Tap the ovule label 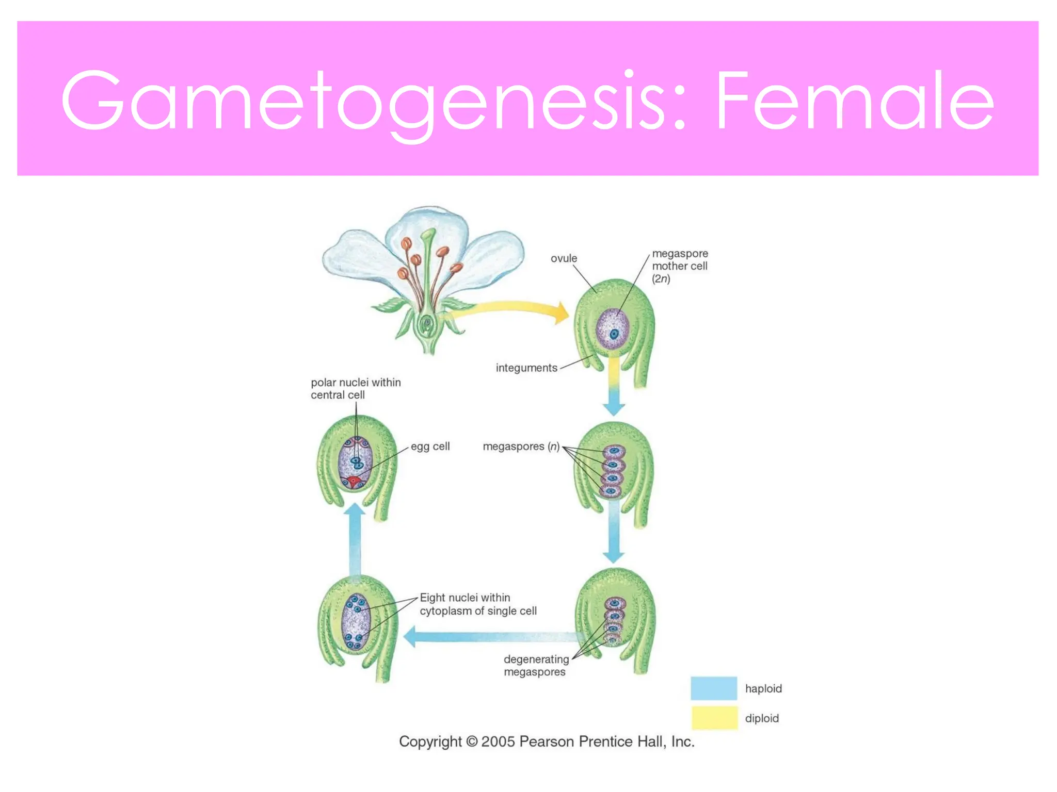pos(564,258)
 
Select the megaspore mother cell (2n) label pos(680,266)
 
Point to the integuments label pos(526,368)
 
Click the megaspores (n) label pos(521,447)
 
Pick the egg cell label pos(430,447)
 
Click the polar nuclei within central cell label pos(356,389)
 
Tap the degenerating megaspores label pos(536,665)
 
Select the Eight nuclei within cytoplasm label pos(478,604)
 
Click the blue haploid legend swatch pos(714,688)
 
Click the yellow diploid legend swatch pos(714,718)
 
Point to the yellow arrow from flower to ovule pos(511,308)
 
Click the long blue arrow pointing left pos(490,637)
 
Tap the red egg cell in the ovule pos(354,482)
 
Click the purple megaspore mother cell pos(613,329)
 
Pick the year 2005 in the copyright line pos(499,742)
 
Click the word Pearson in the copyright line pos(547,742)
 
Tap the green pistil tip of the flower pos(428,236)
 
